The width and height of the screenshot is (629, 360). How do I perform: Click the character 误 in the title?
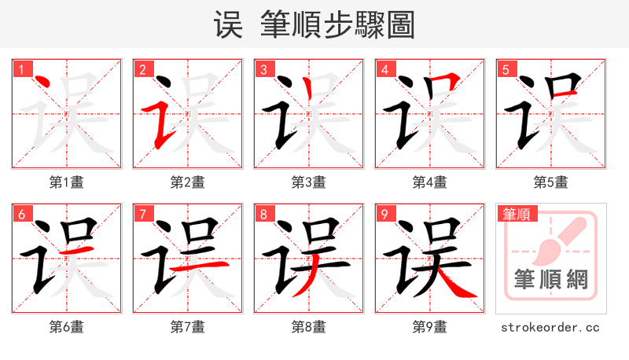(228, 25)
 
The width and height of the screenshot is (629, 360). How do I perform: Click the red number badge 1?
(20, 69)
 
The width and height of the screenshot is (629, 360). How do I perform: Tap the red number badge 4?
(384, 69)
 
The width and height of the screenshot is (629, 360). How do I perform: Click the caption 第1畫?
(66, 182)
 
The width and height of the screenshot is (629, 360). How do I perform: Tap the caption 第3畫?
(308, 182)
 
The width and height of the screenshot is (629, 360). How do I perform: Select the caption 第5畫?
(550, 182)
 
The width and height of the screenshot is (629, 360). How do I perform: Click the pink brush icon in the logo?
(555, 239)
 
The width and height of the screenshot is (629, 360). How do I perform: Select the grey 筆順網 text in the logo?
(550, 279)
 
